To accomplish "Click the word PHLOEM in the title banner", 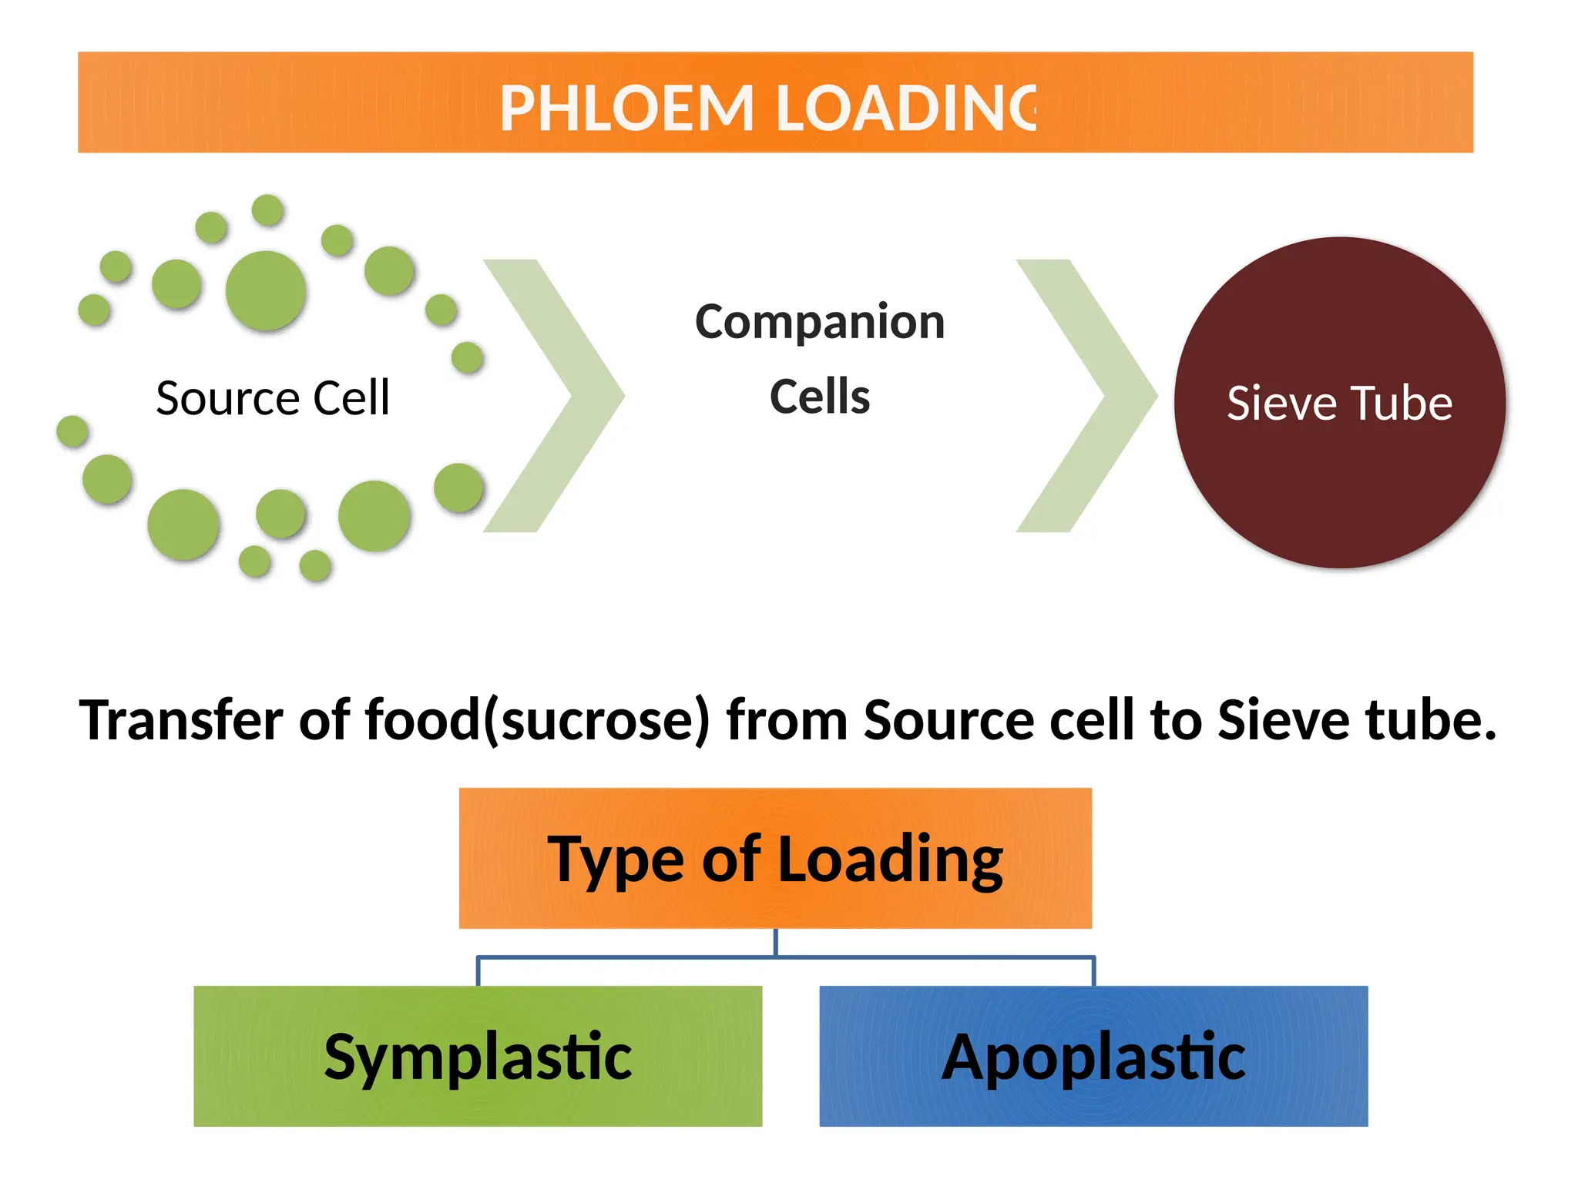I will point(626,109).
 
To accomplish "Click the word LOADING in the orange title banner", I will point(905,109).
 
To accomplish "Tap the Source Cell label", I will point(273,398).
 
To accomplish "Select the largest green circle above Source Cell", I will point(266,290).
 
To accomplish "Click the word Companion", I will point(820,322).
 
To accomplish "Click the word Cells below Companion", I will point(820,397).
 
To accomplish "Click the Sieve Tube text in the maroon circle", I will point(1339,404).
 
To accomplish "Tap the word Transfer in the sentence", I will point(182,721).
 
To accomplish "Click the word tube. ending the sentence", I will point(1430,721).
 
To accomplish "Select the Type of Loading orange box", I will point(775,858).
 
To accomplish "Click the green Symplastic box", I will point(478,1056).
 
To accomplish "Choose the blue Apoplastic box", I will point(1093,1056).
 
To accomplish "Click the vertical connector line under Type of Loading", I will point(775,943).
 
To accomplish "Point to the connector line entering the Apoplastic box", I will point(1093,972).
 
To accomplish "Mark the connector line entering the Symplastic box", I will point(478,972).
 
